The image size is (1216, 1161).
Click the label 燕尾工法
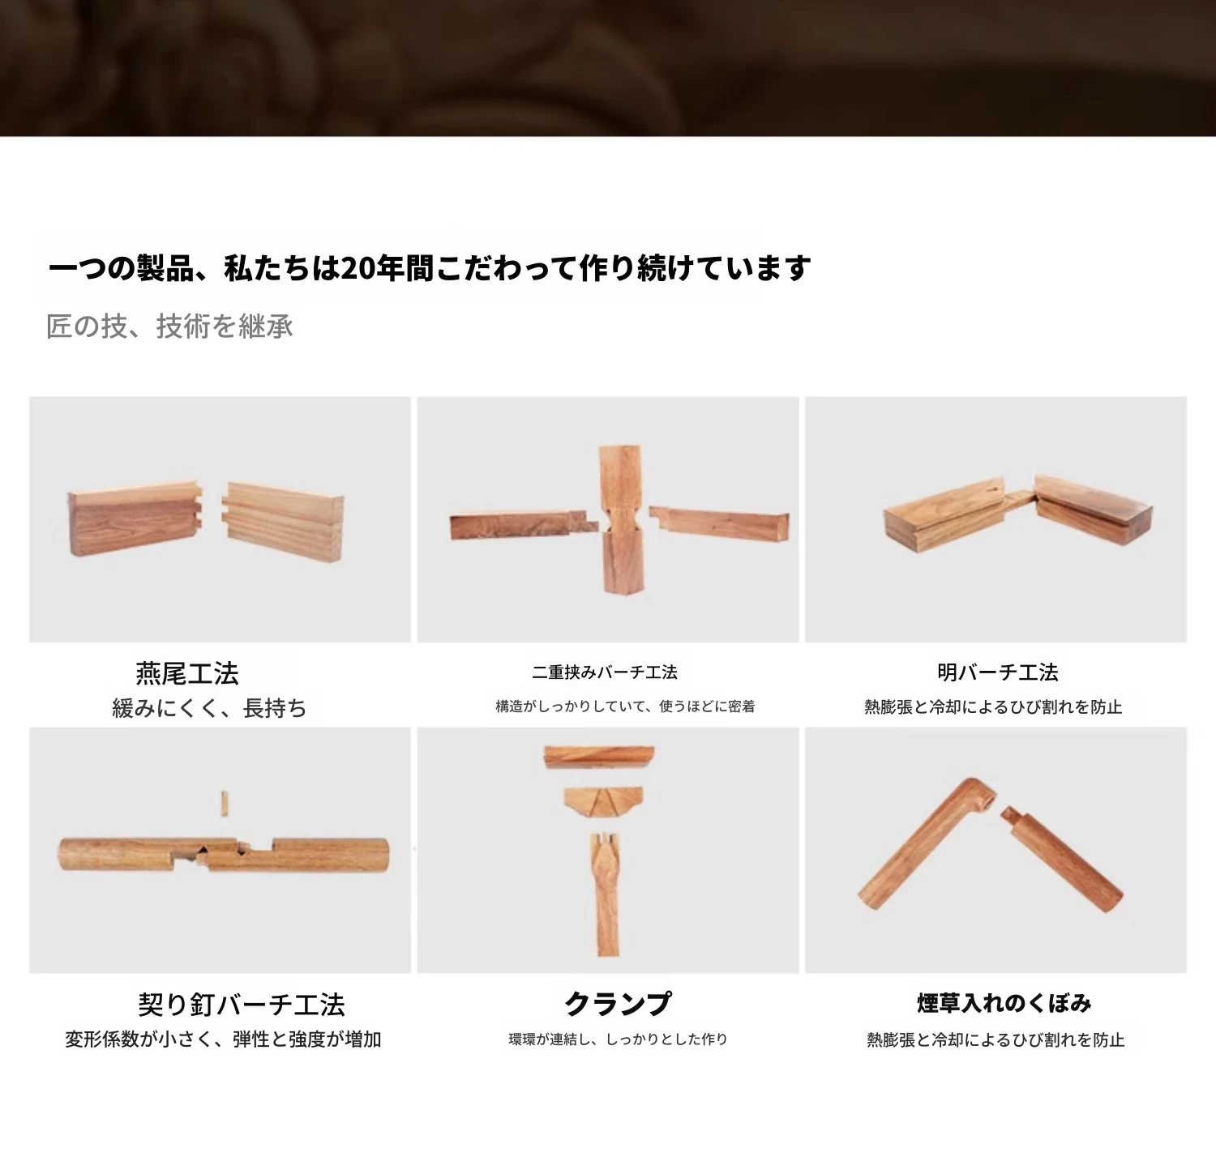coord(187,673)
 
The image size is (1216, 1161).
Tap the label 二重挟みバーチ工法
coord(605,672)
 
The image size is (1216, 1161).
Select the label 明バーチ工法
coord(998,672)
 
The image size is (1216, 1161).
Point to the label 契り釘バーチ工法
coord(242,1005)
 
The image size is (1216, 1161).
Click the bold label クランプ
coord(619,1004)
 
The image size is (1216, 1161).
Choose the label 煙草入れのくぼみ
coord(1004,1003)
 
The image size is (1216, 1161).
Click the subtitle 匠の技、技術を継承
coord(169,327)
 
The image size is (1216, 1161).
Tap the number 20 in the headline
coord(356,268)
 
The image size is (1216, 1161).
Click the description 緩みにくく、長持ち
coord(209,708)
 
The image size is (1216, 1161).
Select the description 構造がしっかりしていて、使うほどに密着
coord(625,706)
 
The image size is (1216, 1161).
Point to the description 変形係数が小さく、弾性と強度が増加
coord(223,1039)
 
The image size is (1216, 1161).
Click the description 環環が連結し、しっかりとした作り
coord(618,1039)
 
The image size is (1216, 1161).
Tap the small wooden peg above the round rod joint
coord(224,804)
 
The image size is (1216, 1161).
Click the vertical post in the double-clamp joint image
coord(623,519)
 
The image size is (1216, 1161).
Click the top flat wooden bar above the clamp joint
coord(599,758)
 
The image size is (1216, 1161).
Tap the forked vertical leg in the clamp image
coord(606,894)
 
